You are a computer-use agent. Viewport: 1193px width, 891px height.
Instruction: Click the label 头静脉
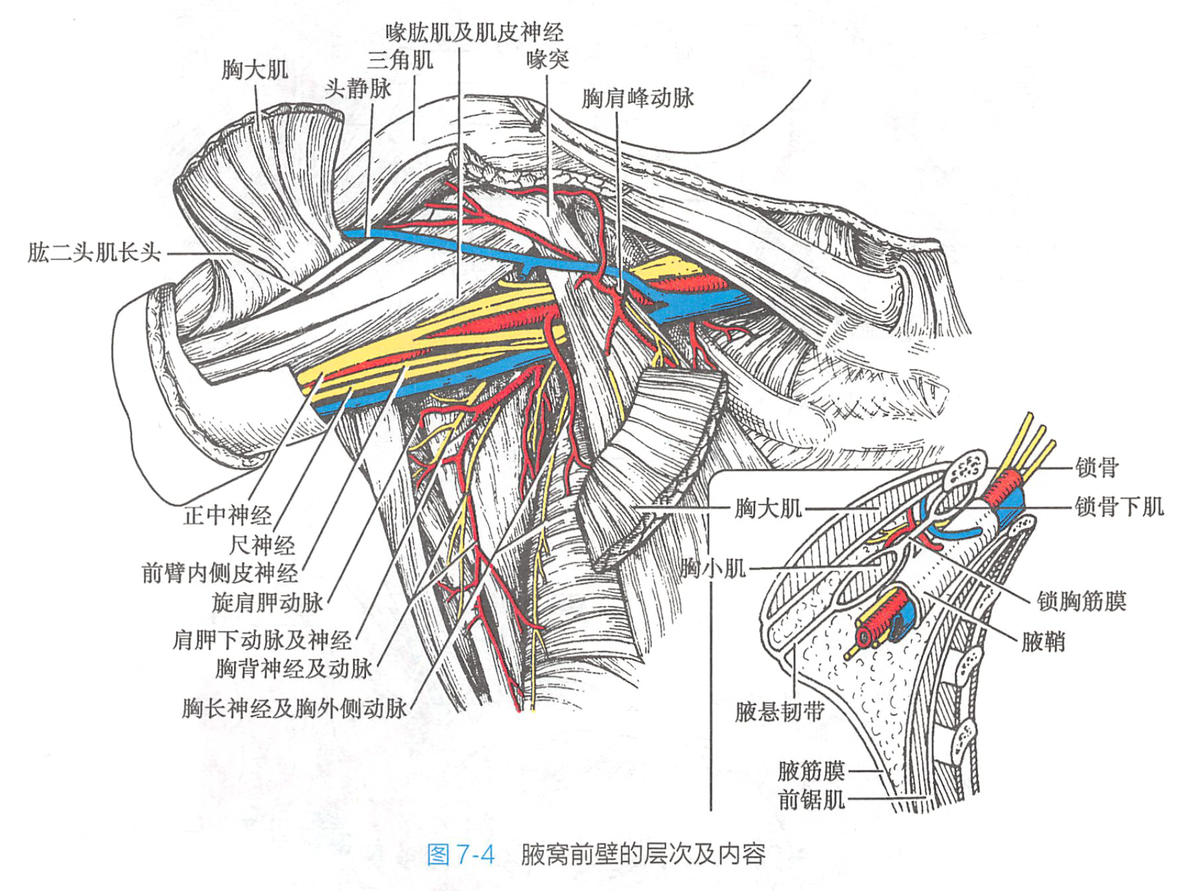tap(357, 88)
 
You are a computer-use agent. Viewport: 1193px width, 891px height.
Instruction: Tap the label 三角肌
tap(400, 60)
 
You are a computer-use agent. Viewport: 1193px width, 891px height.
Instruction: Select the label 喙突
tap(547, 60)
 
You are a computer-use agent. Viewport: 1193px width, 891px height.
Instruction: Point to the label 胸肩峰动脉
tap(638, 98)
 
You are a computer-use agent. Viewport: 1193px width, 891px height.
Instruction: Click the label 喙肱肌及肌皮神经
tap(474, 32)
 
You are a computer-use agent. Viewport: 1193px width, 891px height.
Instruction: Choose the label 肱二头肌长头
tap(95, 253)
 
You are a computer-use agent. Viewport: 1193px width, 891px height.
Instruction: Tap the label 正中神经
tap(227, 515)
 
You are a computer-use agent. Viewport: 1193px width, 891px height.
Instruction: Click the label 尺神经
tap(261, 545)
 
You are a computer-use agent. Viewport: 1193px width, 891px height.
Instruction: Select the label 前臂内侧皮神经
tap(219, 573)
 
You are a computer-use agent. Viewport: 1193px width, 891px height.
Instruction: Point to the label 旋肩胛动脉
tap(267, 603)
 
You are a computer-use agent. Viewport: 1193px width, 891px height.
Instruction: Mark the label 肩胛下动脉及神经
tap(262, 640)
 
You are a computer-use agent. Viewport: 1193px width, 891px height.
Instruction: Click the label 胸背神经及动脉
tap(293, 668)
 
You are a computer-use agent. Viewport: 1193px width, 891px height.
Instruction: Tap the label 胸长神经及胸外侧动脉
tap(294, 709)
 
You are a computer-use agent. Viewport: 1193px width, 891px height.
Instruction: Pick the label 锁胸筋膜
tap(1081, 601)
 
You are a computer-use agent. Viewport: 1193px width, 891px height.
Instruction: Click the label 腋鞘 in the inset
tap(1043, 642)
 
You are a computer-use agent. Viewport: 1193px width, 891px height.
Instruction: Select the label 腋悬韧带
tap(779, 712)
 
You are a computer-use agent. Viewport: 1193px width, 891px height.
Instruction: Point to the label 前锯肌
tap(811, 800)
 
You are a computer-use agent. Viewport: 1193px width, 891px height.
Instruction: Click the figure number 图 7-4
tap(461, 854)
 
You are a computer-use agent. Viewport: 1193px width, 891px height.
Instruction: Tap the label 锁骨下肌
tap(1119, 507)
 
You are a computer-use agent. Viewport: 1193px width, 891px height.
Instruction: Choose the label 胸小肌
tap(713, 569)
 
